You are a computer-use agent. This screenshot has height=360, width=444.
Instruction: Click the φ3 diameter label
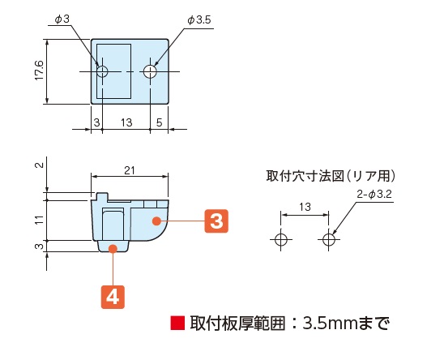[x=62, y=19]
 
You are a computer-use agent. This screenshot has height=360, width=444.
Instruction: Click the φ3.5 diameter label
[x=199, y=20]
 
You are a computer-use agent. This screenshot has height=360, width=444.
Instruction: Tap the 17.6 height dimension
[x=39, y=70]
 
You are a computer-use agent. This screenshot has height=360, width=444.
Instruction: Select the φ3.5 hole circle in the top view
[x=150, y=71]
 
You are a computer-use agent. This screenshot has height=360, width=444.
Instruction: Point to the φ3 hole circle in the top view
[x=102, y=71]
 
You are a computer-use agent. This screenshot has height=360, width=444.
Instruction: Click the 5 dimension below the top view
[x=159, y=122]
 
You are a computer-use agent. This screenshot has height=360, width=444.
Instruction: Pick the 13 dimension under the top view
[x=126, y=122]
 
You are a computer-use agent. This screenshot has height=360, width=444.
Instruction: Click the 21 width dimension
[x=130, y=170]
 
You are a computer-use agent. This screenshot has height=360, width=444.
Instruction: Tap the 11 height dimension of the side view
[x=40, y=220]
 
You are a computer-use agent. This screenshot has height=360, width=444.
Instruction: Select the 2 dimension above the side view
[x=40, y=165]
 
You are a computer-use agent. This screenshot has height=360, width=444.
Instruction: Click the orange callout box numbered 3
[x=216, y=221]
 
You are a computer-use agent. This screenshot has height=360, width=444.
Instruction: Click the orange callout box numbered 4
[x=113, y=297]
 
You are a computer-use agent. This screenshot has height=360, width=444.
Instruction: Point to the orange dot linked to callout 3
[x=156, y=221]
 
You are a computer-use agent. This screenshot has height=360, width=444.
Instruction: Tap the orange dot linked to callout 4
[x=113, y=249]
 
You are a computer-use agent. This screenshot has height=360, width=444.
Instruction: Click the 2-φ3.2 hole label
[x=374, y=195]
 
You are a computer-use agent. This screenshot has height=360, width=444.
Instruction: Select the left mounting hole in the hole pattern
[x=280, y=239]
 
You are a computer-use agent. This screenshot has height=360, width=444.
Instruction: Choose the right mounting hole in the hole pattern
[x=328, y=239]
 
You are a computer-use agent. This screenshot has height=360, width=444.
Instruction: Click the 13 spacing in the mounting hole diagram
[x=305, y=207]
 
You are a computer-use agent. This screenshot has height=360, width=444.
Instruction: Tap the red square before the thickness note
[x=177, y=324]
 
